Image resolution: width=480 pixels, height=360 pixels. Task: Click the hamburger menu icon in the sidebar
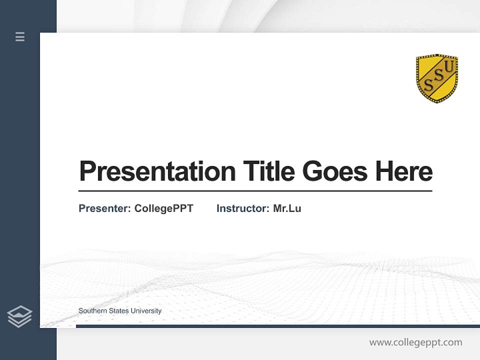point(20,36)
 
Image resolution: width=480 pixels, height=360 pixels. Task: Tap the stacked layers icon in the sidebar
point(19,316)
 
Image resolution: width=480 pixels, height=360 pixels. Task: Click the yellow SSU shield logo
point(436,78)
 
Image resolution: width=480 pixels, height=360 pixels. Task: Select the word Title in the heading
point(268,171)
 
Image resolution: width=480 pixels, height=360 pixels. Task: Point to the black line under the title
point(255,191)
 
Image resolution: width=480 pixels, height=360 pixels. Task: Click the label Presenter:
point(104,208)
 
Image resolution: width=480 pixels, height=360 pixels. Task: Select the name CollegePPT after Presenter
point(163,208)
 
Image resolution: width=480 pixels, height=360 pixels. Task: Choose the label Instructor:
point(243,208)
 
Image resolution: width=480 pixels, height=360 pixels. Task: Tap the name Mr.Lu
point(287,208)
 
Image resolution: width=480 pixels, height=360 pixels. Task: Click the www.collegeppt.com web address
point(415,342)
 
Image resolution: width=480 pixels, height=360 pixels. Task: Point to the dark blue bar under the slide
point(277,326)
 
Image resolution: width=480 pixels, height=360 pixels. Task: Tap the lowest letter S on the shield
point(428,85)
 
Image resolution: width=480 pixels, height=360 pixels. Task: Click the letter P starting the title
point(87,171)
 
